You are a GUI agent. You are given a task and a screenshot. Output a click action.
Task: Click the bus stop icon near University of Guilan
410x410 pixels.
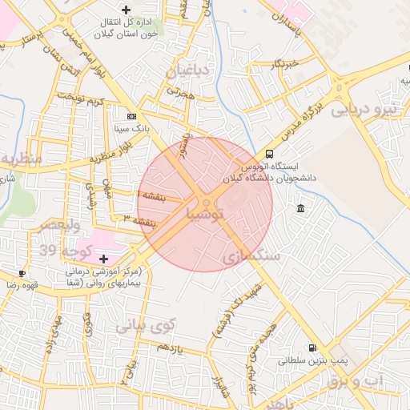coord(268,154)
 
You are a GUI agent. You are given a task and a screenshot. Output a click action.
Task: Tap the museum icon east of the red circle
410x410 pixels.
coord(300,209)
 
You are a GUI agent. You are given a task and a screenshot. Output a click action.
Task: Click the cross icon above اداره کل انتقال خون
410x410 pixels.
coord(125,9)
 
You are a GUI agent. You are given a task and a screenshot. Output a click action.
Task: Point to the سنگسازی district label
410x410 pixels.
coord(253,256)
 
